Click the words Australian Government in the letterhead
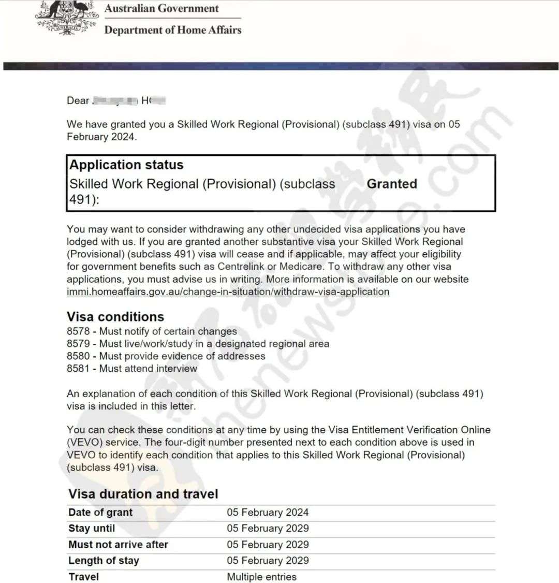point(161,9)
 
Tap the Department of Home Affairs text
point(173,30)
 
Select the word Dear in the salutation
point(78,100)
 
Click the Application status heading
point(126,165)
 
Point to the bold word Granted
point(392,184)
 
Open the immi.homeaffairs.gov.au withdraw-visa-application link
point(228,291)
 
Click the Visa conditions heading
point(115,317)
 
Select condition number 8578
point(78,331)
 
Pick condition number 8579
point(78,344)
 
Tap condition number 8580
point(78,356)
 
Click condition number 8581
point(78,369)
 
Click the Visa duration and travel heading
point(143,494)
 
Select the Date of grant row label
point(100,513)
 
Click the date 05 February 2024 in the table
point(268,513)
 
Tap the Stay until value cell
point(268,529)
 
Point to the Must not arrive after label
point(118,545)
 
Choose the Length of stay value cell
point(268,561)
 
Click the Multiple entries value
point(261,577)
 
